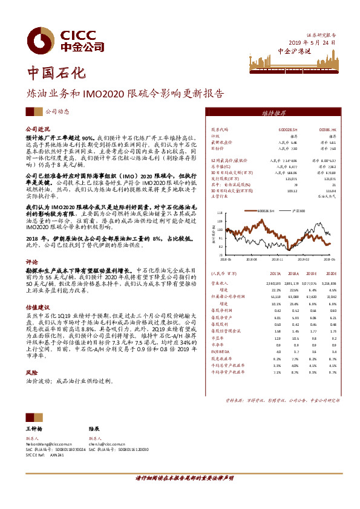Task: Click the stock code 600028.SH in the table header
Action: tap(287, 129)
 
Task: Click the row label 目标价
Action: tap(217, 148)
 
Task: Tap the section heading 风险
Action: tap(31, 374)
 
